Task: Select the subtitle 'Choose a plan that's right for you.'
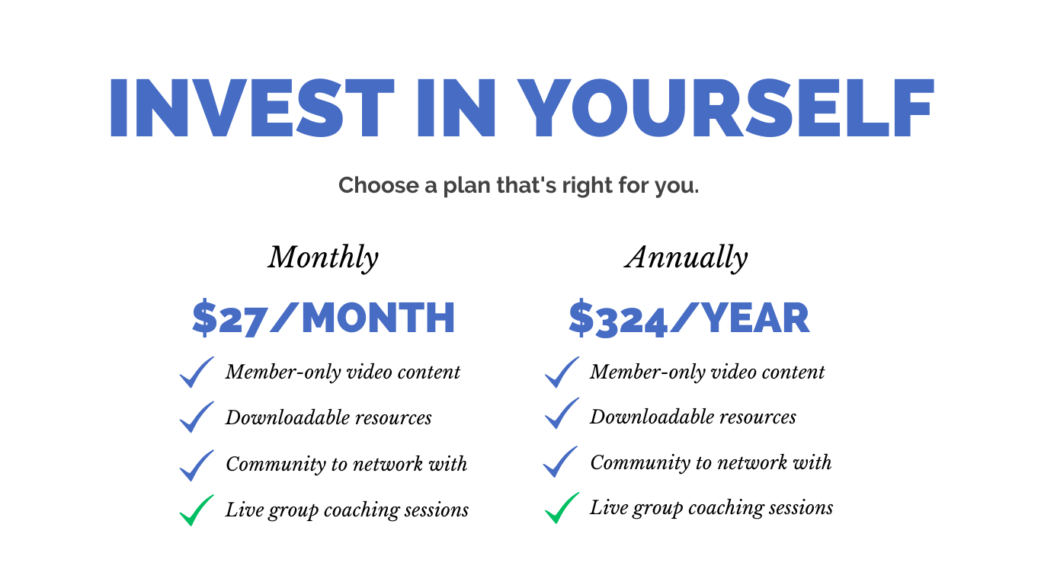point(519,185)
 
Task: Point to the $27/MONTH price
point(323,318)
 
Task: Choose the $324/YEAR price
point(689,318)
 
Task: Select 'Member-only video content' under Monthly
point(343,372)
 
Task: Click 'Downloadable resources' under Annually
point(693,417)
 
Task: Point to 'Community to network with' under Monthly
point(346,464)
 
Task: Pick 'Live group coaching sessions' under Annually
point(712,508)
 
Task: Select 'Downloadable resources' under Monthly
point(328,417)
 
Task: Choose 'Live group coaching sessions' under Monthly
point(348,510)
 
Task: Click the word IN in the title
point(456,108)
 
